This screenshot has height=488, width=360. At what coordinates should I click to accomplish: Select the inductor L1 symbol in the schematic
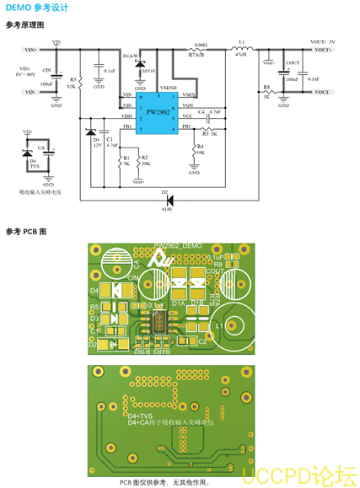tap(241, 50)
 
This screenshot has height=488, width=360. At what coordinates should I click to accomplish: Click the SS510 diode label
tap(148, 72)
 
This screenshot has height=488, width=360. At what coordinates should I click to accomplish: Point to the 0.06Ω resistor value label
tap(200, 44)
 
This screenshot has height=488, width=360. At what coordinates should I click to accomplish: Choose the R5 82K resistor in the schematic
tap(82, 83)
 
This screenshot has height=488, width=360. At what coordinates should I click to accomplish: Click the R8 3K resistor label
tap(266, 91)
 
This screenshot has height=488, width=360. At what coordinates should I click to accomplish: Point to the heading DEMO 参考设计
tap(37, 8)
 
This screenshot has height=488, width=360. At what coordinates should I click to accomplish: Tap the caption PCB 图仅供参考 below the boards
tap(164, 482)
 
